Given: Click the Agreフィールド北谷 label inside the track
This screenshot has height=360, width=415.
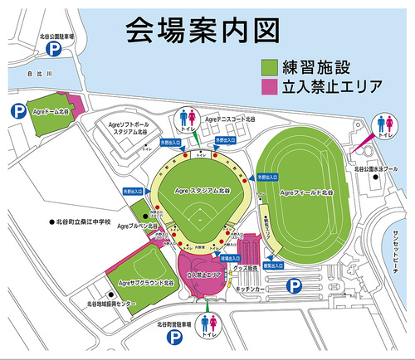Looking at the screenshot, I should point(306,192).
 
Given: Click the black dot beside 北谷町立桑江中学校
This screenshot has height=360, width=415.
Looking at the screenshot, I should point(51,221).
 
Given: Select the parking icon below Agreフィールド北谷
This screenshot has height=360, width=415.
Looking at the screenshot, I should point(293,285).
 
